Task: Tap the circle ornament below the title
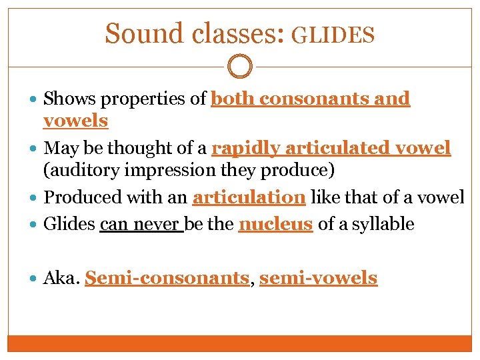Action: tap(240, 66)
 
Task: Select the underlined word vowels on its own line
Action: tap(75, 121)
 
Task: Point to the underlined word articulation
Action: tap(249, 197)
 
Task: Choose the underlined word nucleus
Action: tap(275, 224)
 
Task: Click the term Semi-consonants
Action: tap(167, 278)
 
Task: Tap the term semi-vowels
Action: tap(318, 278)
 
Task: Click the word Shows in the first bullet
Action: tap(66, 99)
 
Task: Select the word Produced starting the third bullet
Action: tap(79, 197)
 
